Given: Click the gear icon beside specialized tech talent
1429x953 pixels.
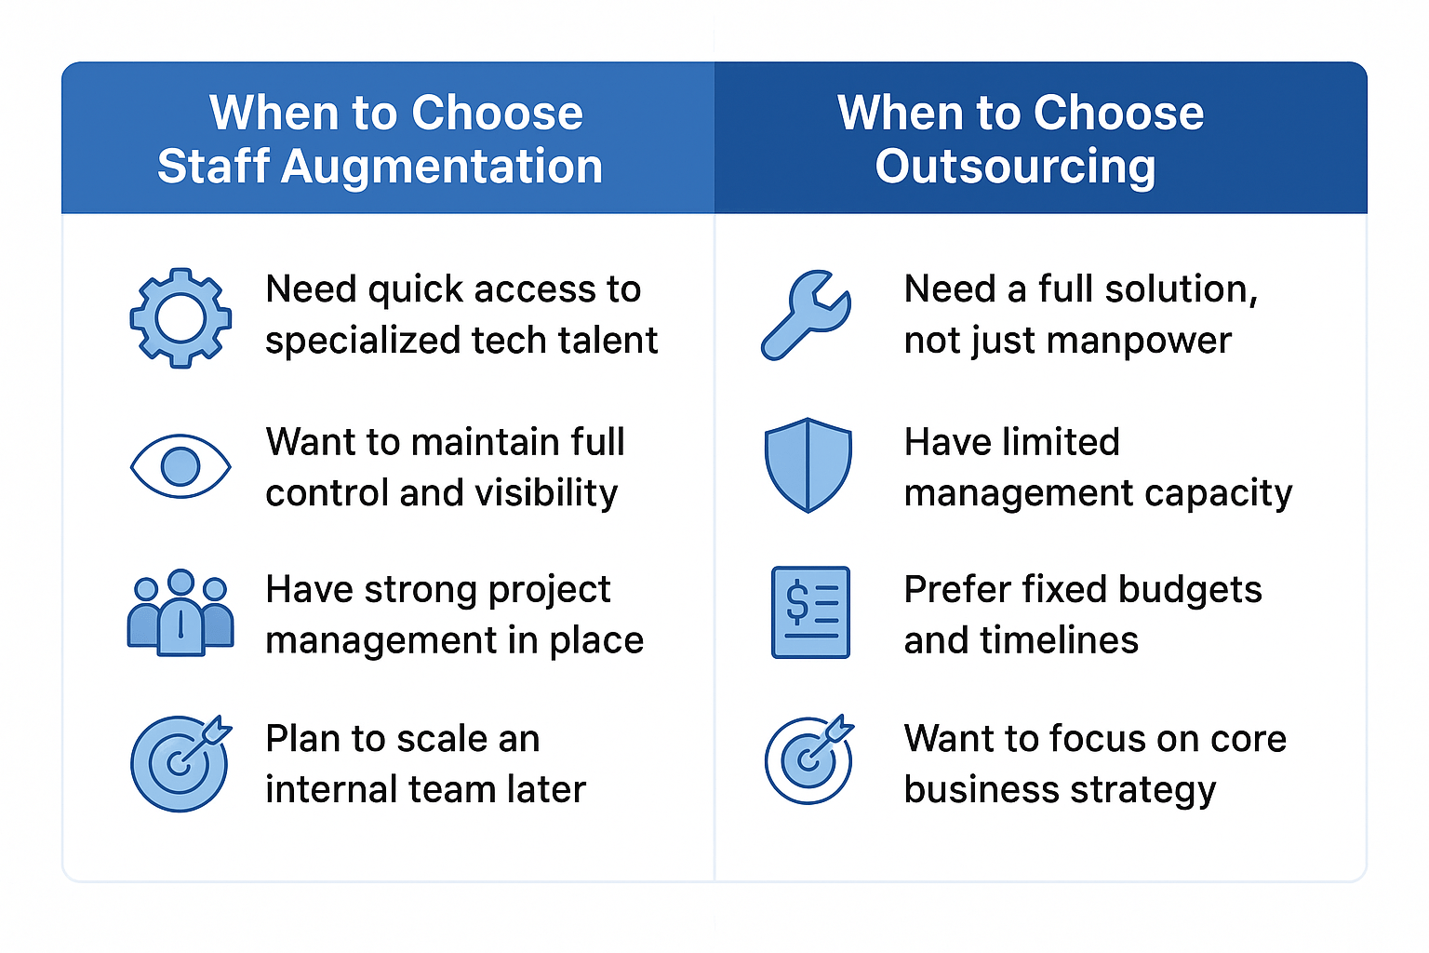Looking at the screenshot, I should click(x=180, y=317).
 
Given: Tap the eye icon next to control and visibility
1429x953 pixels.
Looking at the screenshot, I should click(x=180, y=465).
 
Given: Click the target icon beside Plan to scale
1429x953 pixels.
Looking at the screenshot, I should click(x=180, y=762).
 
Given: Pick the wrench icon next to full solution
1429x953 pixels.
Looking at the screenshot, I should click(x=806, y=315).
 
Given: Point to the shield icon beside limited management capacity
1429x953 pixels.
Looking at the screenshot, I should click(x=808, y=464).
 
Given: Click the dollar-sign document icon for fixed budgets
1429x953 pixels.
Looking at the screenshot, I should click(x=810, y=611).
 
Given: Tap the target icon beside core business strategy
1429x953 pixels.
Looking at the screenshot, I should click(x=809, y=759).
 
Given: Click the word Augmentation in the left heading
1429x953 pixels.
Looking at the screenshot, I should click(x=442, y=167).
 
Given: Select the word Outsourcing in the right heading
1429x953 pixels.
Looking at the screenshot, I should click(x=1015, y=167).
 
